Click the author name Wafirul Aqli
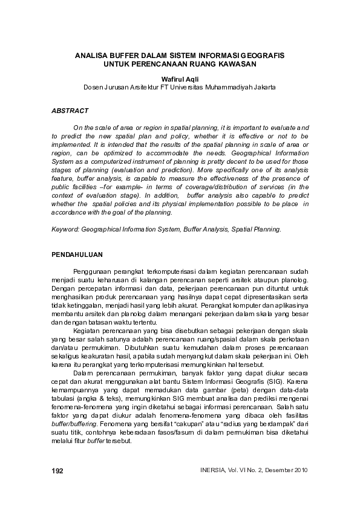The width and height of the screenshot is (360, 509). [179, 79]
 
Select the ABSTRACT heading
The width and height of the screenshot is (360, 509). [70, 111]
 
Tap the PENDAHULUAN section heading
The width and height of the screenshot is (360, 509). [77, 254]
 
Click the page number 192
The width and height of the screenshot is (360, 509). [58, 470]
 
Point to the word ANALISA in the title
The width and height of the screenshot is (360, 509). [91, 55]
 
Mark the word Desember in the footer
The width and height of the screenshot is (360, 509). [270, 470]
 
